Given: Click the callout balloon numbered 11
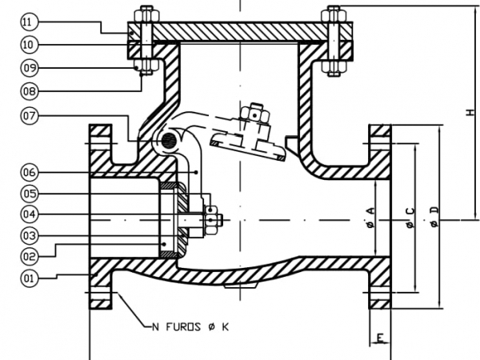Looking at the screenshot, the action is [30, 22].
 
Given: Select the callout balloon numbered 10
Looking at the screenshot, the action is [30, 45].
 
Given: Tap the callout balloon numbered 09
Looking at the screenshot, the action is [30, 68].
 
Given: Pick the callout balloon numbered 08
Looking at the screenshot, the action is [30, 91].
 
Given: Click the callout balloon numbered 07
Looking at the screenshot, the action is [30, 116].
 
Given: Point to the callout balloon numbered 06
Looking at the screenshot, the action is [30, 172].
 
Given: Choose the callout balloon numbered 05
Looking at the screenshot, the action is [30, 194].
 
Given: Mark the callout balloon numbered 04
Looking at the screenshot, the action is [30, 214].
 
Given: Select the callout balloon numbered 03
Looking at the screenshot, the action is [30, 236].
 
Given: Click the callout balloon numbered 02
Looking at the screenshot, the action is [30, 256].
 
